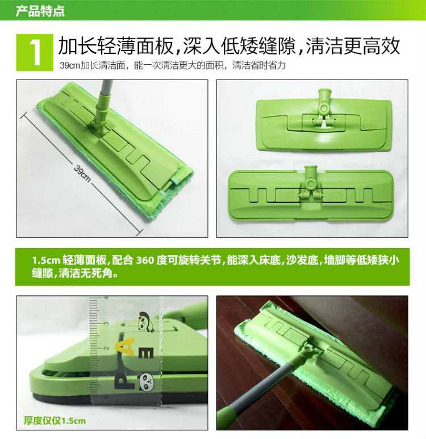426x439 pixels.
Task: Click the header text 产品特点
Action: coord(40,11)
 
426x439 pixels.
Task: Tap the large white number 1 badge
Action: coord(35,52)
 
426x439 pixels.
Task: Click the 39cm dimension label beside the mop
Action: coord(82,174)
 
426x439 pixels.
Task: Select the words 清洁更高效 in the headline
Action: coord(352,46)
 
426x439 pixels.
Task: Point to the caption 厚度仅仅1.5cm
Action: coord(55,420)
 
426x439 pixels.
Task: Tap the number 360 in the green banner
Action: coord(145,260)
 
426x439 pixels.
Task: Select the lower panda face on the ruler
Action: coord(145,382)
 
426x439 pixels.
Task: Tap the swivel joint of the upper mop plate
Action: coord(324,106)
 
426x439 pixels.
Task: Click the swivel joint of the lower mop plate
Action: coord(310,185)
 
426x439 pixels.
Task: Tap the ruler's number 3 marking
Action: coord(106,323)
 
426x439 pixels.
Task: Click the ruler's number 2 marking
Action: coord(106,348)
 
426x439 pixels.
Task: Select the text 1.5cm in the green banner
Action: coord(46,261)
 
